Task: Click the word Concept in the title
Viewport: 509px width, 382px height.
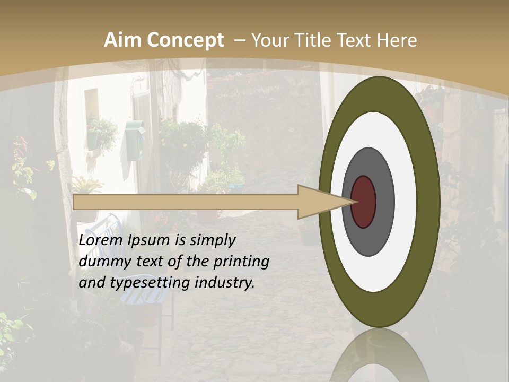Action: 185,40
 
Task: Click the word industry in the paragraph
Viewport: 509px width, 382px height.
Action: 225,283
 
